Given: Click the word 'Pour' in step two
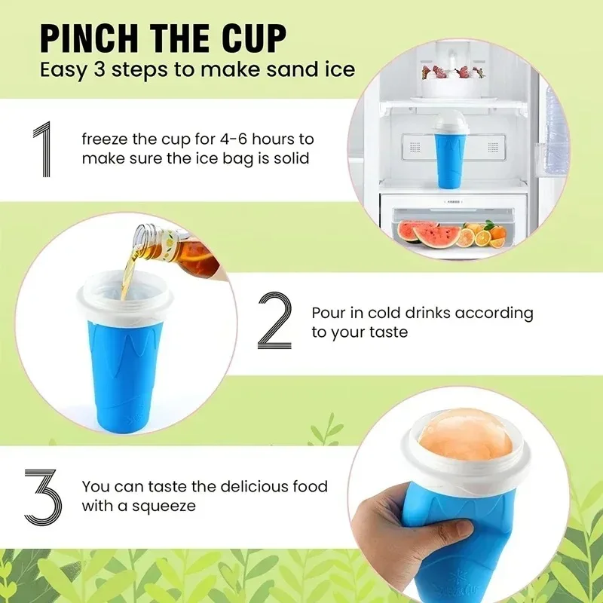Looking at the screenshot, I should coord(329,313).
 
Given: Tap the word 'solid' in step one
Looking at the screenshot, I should coord(291,159).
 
